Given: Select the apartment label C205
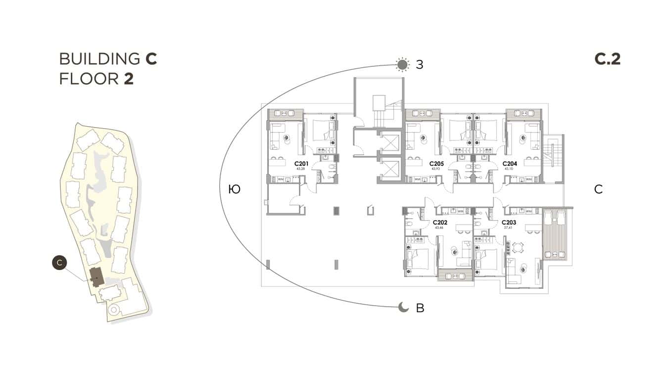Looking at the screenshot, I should pyautogui.click(x=436, y=163).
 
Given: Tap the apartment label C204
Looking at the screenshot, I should pyautogui.click(x=510, y=163).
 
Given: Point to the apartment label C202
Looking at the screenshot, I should pyautogui.click(x=440, y=223).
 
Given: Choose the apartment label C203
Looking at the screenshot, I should pyautogui.click(x=509, y=223).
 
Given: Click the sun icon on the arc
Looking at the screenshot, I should pyautogui.click(x=403, y=64).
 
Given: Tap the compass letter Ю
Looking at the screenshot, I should pyautogui.click(x=235, y=189).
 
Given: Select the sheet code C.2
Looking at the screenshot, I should pyautogui.click(x=607, y=59).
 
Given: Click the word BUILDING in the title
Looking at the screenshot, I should pyautogui.click(x=99, y=58).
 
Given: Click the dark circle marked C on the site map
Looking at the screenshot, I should pyautogui.click(x=59, y=263).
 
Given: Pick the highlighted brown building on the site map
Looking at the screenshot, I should pyautogui.click(x=96, y=276).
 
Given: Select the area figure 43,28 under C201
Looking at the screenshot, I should pyautogui.click(x=300, y=169).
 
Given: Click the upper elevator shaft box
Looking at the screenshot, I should pyautogui.click(x=388, y=143).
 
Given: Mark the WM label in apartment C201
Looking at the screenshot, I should pyautogui.click(x=281, y=179).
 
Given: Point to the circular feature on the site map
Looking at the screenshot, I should pyautogui.click(x=113, y=310).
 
